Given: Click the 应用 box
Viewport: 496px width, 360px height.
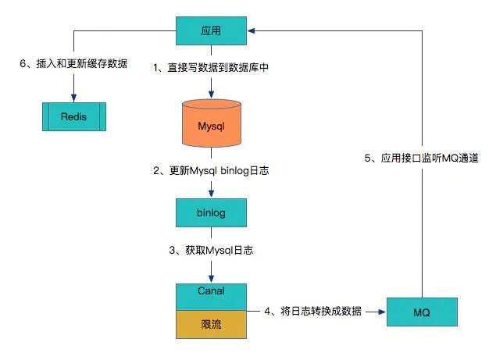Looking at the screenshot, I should coord(212,31).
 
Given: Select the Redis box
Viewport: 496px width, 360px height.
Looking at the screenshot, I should coord(73,117).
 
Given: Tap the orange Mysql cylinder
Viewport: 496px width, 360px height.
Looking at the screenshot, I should coord(212,125).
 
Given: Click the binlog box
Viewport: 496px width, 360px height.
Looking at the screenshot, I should coord(212,212).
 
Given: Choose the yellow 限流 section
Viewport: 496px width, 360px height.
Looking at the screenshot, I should coord(212,323).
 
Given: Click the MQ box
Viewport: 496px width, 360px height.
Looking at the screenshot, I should coord(422,312).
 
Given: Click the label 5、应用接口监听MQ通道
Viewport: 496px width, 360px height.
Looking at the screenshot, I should coord(422,159).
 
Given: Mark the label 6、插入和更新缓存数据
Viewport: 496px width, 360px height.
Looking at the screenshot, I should coord(73,63).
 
